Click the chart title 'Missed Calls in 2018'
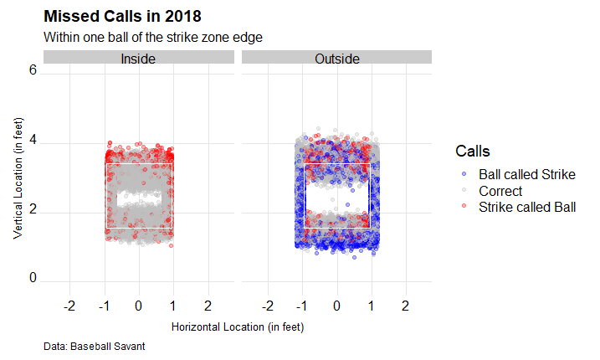tap(122, 17)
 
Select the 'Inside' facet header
tap(138, 59)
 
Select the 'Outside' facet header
tap(337, 59)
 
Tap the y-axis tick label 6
tap(33, 72)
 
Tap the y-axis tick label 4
tap(33, 142)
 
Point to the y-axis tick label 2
tap(33, 212)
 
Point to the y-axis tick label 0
tap(33, 279)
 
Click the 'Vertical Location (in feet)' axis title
tap(17, 177)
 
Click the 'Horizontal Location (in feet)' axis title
tap(237, 327)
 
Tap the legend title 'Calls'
tap(472, 151)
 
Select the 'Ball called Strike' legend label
tap(526, 174)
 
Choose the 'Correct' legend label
tap(500, 190)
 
